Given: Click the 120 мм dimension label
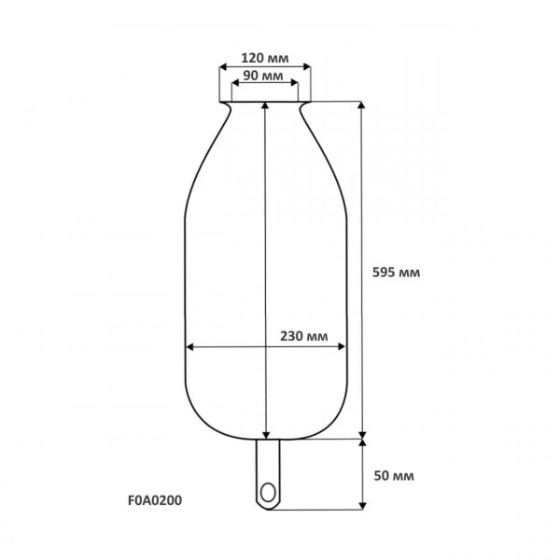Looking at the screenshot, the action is click(x=265, y=58).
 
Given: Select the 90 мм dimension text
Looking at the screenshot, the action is click(x=263, y=76).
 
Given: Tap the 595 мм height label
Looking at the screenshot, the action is click(x=396, y=273).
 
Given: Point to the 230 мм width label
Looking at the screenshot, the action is click(x=303, y=336).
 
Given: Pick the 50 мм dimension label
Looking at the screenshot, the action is click(x=394, y=476).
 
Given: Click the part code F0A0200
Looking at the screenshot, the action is click(x=155, y=500).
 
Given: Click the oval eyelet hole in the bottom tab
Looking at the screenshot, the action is click(x=268, y=493).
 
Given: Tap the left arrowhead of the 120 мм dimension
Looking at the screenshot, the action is click(x=223, y=67).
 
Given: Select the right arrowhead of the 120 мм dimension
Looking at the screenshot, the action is click(x=306, y=67).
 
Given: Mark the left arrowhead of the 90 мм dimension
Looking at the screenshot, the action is click(x=235, y=83).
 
